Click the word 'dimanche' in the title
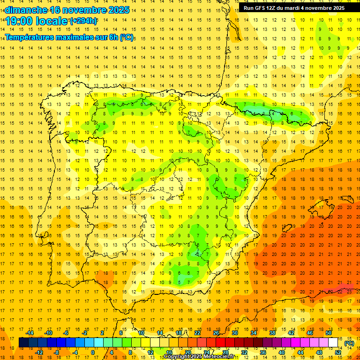coord(26,10)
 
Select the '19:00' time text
coord(20,21)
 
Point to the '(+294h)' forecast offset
coord(83,21)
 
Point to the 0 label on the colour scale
coord(93,352)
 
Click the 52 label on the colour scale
coord(338,352)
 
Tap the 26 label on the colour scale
coord(216,333)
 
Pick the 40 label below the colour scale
coord(281,352)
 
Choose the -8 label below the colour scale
coord(56,352)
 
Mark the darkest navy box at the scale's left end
coord(23,343)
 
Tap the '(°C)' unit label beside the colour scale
coord(349,343)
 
